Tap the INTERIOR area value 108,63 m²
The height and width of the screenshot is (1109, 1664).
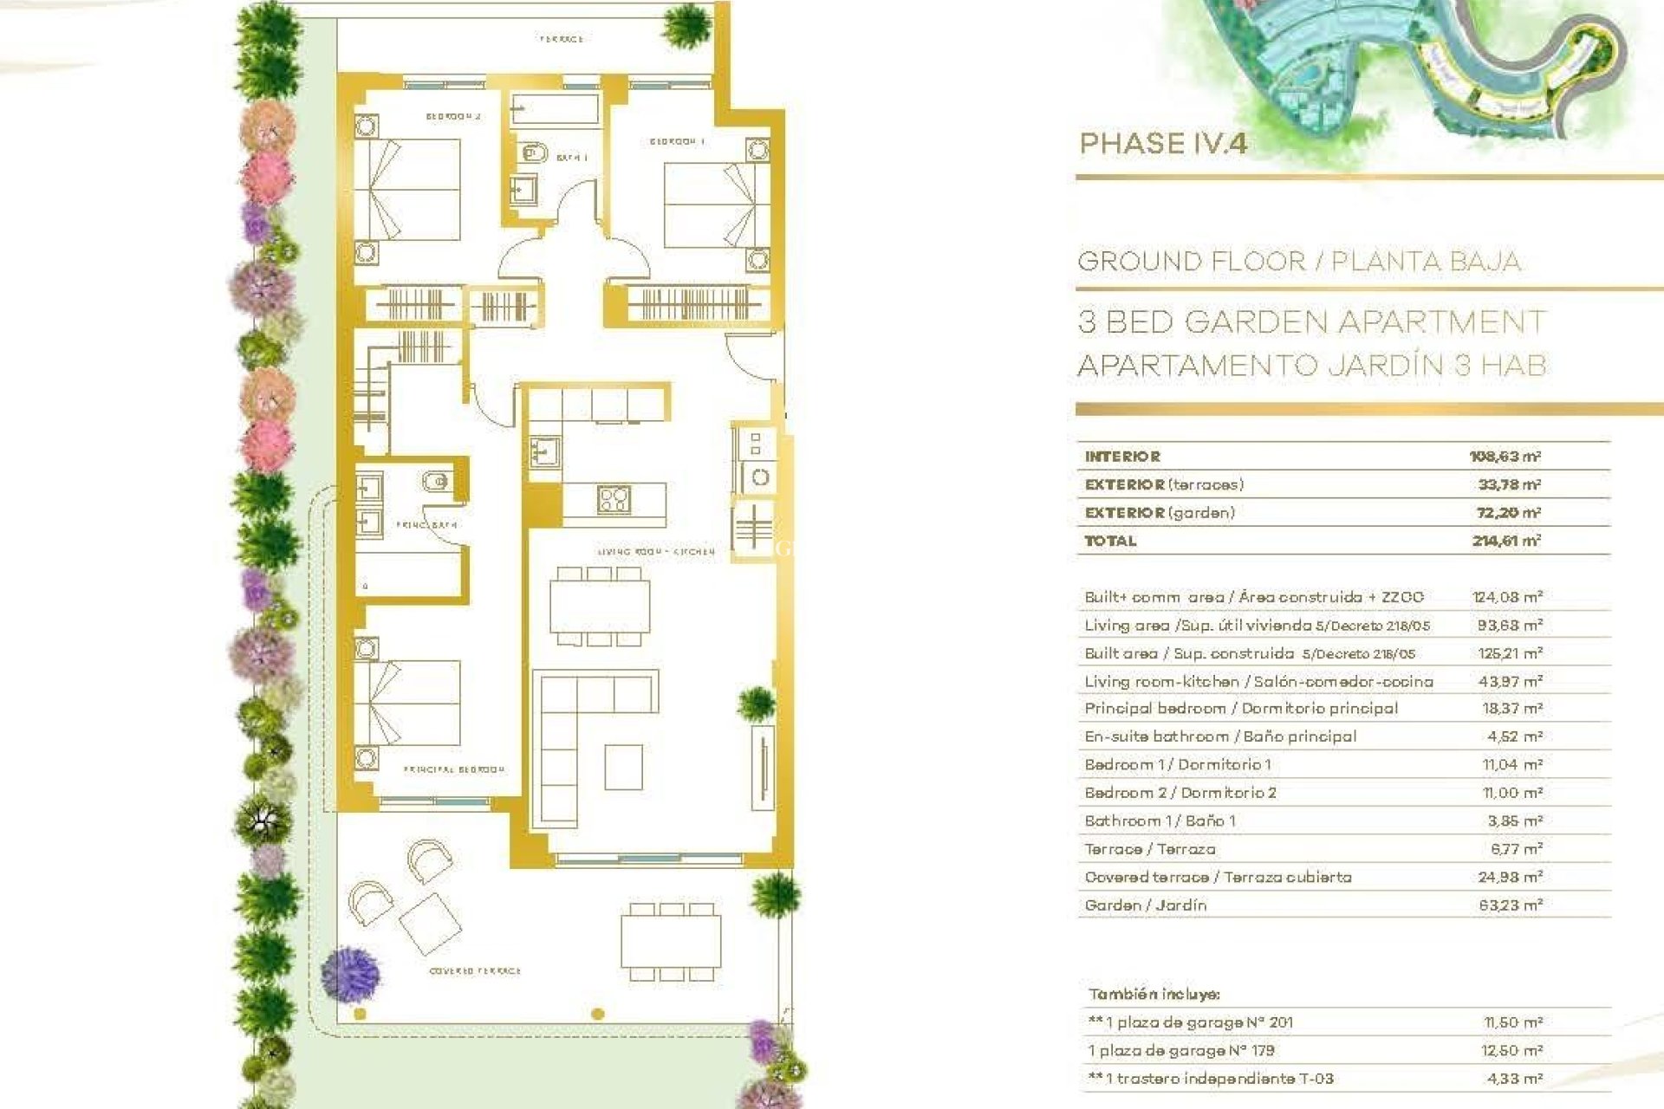(x=1505, y=457)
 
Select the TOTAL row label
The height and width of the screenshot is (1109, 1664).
(x=1110, y=541)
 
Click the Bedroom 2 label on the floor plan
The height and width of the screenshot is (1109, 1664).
(x=452, y=116)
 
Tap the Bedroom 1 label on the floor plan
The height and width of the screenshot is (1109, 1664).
(x=677, y=141)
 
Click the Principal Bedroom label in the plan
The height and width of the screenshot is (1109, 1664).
(x=453, y=769)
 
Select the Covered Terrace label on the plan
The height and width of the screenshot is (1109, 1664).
(x=475, y=971)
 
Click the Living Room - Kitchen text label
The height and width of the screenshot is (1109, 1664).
(x=656, y=552)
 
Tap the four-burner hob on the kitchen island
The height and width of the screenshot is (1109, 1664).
(x=614, y=499)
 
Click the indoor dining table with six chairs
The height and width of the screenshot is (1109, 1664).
(x=600, y=606)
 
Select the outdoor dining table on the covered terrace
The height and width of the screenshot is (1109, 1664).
(x=671, y=942)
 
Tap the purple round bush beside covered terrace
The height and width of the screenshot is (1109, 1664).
(x=350, y=973)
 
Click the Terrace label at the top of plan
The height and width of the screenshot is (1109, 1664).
(x=561, y=39)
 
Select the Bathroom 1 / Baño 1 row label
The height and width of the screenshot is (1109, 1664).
(x=1160, y=821)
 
